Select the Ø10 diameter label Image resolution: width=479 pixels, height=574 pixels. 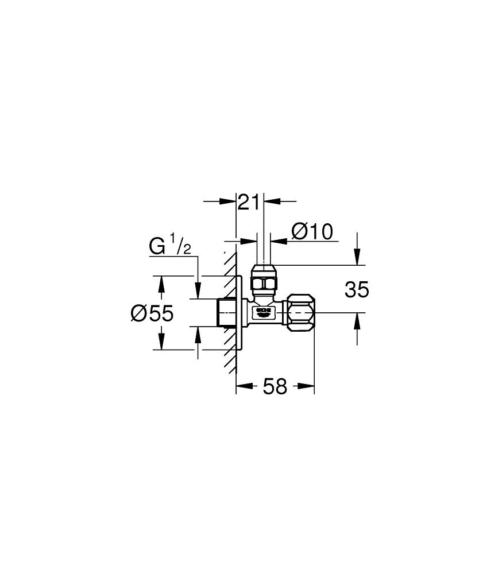coord(312,232)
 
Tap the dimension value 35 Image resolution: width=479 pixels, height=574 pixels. coord(357,290)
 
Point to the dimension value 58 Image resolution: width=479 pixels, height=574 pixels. coord(275,387)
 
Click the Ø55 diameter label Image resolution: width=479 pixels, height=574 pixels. coord(152,313)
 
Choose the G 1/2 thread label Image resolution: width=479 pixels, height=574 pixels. coord(170,246)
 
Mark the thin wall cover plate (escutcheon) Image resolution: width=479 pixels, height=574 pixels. coord(238,312)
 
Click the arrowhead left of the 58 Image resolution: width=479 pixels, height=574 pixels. coord(242,386)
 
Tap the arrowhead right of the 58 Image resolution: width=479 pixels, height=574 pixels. coord(308,386)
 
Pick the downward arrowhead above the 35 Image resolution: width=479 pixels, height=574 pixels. coord(357,259)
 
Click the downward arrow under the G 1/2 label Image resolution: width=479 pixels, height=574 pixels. coord(198,292)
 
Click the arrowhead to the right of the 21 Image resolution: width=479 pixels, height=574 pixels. coord(271,201)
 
